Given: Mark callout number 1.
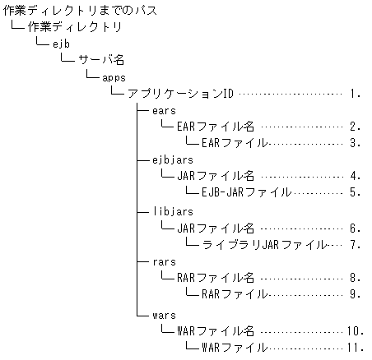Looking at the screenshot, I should pyautogui.click(x=355, y=93).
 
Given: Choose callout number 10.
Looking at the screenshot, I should pyautogui.click(x=355, y=330).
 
